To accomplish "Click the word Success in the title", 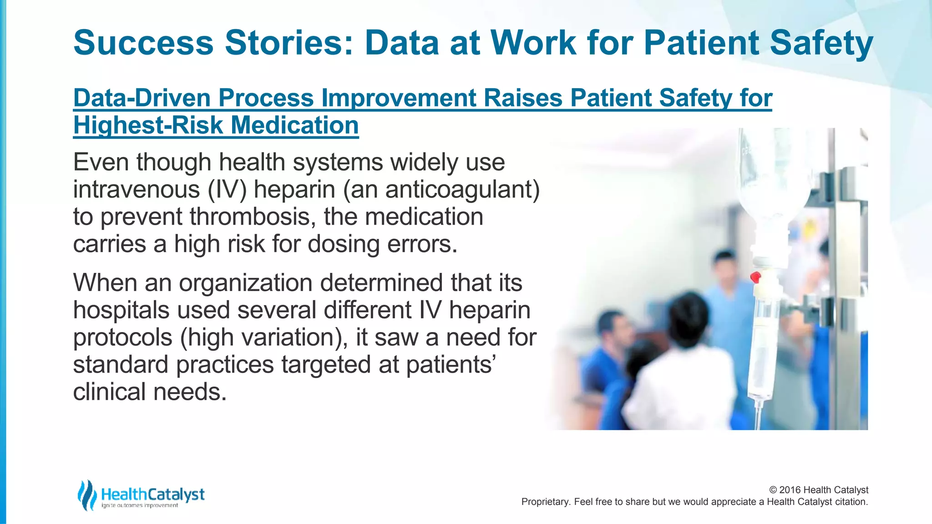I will click(143, 43).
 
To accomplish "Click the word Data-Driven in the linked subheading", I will click(141, 98).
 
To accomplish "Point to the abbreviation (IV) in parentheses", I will click(227, 189).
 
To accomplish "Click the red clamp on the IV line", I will click(755, 277).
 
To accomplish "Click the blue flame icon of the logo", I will click(87, 494).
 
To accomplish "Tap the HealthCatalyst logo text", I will click(152, 494).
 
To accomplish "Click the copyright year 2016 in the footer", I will click(790, 490).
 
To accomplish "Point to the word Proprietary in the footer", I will click(545, 502).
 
